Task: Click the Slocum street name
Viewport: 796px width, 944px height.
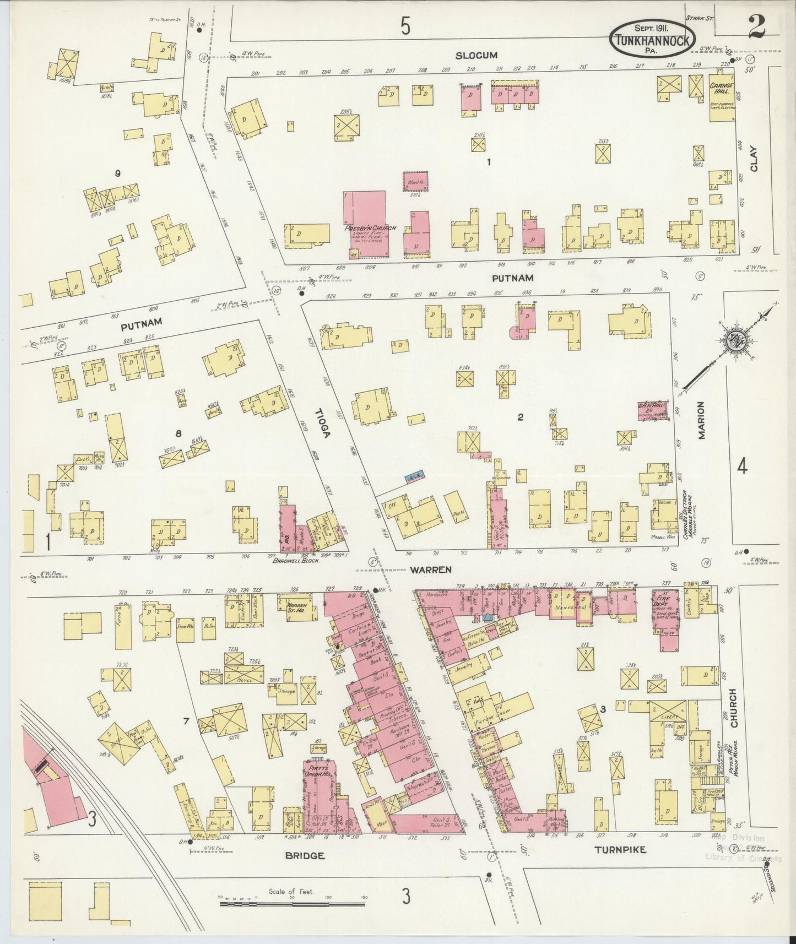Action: tap(477, 55)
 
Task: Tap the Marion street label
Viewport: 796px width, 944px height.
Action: tap(701, 420)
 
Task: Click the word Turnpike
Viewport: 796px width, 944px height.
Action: tap(620, 850)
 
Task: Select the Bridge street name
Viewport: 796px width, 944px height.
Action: tap(304, 856)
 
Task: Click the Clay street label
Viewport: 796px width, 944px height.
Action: tap(754, 158)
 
